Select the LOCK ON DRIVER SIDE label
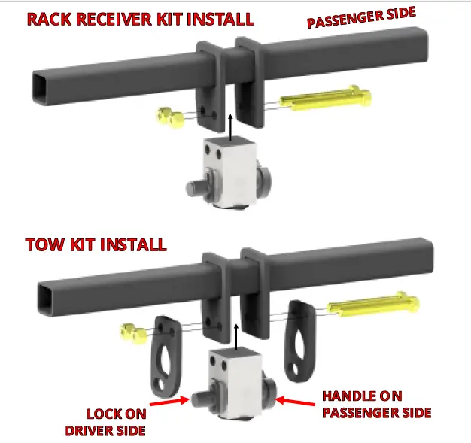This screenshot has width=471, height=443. tap(116, 422)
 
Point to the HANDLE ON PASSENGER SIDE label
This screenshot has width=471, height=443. tap(376, 405)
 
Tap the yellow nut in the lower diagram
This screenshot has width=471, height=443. tap(130, 330)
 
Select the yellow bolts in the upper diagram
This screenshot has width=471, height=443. tap(324, 98)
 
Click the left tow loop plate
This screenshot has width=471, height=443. tap(166, 355)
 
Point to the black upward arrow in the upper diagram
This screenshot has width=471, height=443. tap(230, 125)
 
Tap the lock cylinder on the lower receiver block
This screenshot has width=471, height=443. tap(200, 399)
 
